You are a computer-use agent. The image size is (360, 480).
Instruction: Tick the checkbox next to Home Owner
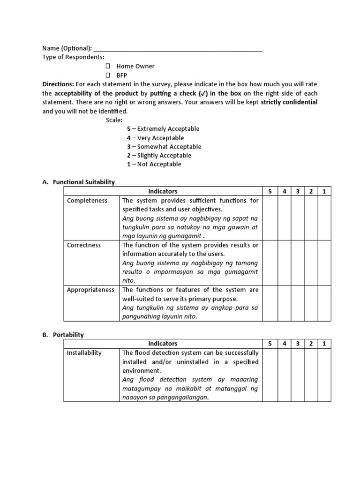tap(108, 66)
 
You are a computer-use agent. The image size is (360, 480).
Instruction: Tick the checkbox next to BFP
tap(108, 75)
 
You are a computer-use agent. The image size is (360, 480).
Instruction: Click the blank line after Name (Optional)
tap(178, 49)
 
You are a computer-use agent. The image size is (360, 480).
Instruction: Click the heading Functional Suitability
tap(84, 182)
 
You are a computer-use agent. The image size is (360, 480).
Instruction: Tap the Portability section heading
tap(68, 335)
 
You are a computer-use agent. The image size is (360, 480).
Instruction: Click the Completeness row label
tap(87, 201)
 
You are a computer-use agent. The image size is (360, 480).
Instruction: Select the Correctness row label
tap(84, 245)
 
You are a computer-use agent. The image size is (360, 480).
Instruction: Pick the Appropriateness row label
tap(90, 290)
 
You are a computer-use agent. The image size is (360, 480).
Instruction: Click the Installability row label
tap(84, 352)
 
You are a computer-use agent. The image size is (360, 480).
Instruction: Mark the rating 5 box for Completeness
tap(270, 218)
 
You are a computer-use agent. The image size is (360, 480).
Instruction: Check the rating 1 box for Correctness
tap(324, 262)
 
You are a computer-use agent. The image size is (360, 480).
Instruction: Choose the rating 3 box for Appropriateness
tap(297, 303)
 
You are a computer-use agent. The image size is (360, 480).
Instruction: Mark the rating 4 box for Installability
tap(284, 375)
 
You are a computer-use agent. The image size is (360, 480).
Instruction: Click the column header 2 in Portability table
tap(310, 344)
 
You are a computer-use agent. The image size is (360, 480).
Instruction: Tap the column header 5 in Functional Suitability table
tap(270, 191)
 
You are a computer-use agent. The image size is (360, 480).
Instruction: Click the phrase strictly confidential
tap(289, 102)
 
